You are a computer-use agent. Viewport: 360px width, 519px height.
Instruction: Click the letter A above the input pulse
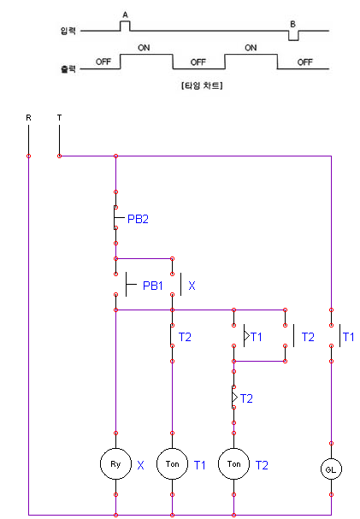126,15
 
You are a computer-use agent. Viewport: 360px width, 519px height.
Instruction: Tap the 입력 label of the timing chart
68,32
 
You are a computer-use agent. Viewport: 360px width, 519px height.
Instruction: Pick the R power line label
28,116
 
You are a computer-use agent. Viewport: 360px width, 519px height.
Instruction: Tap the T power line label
59,116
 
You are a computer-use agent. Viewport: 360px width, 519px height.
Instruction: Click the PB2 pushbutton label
138,219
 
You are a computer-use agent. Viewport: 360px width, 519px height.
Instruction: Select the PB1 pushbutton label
153,285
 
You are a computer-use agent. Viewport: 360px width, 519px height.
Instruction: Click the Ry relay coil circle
115,464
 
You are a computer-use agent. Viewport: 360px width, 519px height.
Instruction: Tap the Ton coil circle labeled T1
172,464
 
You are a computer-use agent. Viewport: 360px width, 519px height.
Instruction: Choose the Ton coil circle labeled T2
233,464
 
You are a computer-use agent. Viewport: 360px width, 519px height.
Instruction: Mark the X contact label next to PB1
192,285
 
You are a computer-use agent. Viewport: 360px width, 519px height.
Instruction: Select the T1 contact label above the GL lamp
348,337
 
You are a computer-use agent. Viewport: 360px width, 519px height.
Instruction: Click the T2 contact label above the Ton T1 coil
185,337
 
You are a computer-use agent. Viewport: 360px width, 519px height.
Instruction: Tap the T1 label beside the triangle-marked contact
257,337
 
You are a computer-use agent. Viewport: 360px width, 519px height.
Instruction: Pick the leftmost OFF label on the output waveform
103,62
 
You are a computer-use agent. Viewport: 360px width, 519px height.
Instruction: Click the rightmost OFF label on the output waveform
304,62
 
